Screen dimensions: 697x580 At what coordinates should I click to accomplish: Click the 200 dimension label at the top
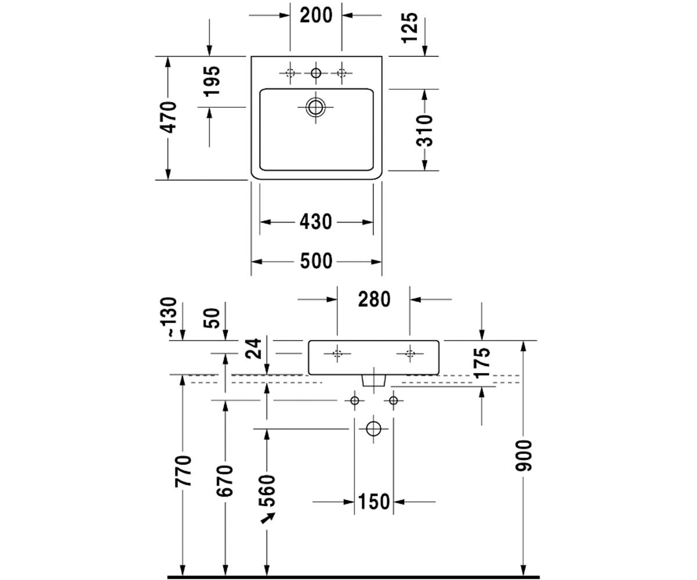pyautogui.click(x=316, y=15)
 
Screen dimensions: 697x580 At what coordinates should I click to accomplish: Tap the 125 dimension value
pyautogui.click(x=410, y=28)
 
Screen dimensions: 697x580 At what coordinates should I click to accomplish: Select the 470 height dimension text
pyautogui.click(x=168, y=117)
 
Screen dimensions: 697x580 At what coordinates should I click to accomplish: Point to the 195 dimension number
pyautogui.click(x=211, y=81)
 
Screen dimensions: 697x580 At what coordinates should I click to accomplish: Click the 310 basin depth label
pyautogui.click(x=424, y=130)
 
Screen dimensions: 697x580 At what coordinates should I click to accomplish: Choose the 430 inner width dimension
pyautogui.click(x=316, y=222)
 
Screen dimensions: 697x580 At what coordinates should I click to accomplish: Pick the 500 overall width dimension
pyautogui.click(x=316, y=261)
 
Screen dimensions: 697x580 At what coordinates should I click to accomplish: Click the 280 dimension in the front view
pyautogui.click(x=374, y=299)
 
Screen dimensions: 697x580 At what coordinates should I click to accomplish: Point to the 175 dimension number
pyautogui.click(x=482, y=363)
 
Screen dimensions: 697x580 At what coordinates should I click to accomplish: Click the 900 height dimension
pyautogui.click(x=523, y=456)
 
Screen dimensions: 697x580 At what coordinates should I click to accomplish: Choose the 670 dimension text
pyautogui.click(x=225, y=480)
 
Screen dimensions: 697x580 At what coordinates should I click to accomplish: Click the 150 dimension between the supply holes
pyautogui.click(x=374, y=502)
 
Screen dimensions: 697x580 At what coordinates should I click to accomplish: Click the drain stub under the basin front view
pyautogui.click(x=373, y=380)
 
